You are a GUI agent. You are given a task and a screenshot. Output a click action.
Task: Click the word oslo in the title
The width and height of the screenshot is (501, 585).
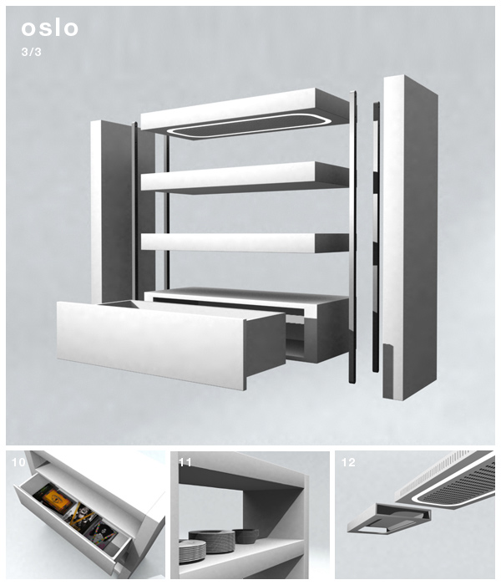coord(49,28)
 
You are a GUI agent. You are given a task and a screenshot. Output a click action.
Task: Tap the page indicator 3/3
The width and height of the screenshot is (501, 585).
coord(32,52)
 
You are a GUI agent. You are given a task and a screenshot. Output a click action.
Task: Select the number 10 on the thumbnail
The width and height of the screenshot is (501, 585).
coord(18,462)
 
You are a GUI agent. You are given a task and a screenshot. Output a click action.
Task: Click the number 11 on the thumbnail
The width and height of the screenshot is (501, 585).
coord(185,462)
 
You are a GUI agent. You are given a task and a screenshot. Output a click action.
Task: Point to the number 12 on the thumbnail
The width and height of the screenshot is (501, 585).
coord(348,462)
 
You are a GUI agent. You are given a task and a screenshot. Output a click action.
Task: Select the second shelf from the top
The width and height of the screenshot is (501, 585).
coord(245,177)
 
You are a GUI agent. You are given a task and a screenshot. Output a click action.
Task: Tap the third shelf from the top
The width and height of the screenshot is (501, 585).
coord(245,243)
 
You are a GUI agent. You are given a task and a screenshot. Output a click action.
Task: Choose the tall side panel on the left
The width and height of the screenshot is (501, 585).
coord(112,211)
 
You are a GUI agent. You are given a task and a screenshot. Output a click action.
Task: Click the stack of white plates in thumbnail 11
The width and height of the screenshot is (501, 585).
coord(192,551)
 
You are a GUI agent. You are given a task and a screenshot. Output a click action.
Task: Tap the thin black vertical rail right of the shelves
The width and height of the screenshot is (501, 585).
coord(352,237)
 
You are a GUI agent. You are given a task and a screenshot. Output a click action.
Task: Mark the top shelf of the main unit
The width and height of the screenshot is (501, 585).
coord(245,110)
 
